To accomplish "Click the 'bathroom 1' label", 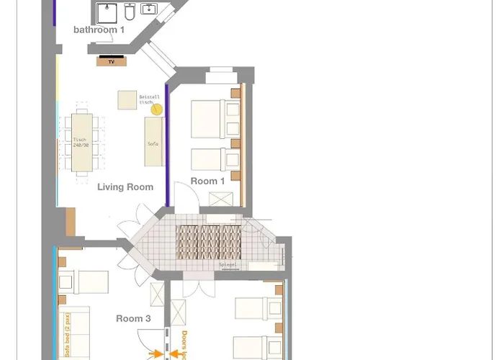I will pos(99,30).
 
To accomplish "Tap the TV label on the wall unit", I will pos(111,62).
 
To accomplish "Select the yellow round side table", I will pos(157,110).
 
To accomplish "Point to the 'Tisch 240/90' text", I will pos(80,143).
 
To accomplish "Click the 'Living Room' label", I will pos(125,187).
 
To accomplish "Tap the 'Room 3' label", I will pos(133,318).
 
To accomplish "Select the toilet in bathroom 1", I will pos(130,12).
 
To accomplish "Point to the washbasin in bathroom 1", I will pos(150,10).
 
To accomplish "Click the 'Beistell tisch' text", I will pos(150,100).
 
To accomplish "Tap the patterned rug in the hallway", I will pos(208,242).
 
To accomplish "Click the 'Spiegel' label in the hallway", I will pos(228,265).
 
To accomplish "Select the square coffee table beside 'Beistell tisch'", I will pos(127,100).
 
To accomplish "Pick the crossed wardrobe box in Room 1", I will pos(217,199).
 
